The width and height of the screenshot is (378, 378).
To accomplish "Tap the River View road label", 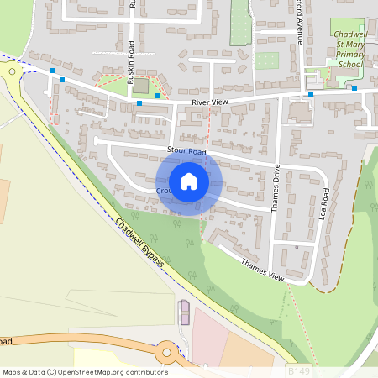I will click(x=209, y=102).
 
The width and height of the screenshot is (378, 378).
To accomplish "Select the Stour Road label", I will click(x=186, y=152).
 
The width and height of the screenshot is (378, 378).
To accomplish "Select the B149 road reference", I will click(x=299, y=370).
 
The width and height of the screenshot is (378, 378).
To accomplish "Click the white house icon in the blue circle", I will click(x=189, y=181).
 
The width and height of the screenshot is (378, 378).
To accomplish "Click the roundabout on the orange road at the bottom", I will click(x=165, y=351).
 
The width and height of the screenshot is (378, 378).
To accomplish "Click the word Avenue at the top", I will click(x=300, y=29).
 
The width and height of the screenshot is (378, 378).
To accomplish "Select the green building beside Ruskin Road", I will click(x=140, y=86).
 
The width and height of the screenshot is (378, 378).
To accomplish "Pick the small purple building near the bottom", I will click(x=184, y=312).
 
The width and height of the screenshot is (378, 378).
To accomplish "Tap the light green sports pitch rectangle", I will click(x=266, y=60).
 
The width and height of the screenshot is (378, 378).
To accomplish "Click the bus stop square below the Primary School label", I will click(x=354, y=88).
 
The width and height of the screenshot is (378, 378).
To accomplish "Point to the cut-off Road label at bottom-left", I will click(x=5, y=342).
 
